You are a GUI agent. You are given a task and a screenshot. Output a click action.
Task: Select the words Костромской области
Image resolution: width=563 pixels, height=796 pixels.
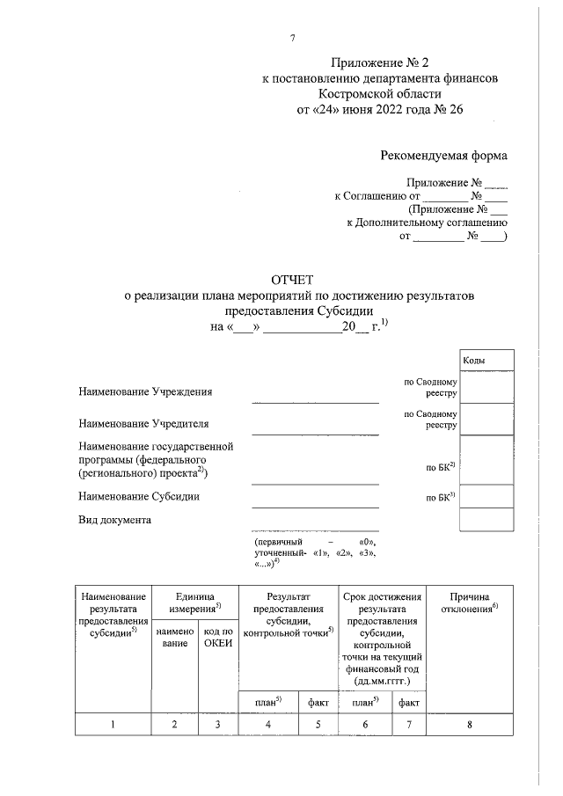click(380, 93)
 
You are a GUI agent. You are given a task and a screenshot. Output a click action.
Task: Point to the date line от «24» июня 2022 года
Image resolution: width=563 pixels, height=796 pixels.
click(380, 110)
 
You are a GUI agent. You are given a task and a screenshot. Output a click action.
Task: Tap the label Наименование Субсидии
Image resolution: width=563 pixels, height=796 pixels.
click(139, 496)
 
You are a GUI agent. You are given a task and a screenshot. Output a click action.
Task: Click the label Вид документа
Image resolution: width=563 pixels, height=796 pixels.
click(115, 519)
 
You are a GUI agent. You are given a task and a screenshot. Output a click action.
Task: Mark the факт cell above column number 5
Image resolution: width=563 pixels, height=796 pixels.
click(318, 701)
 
